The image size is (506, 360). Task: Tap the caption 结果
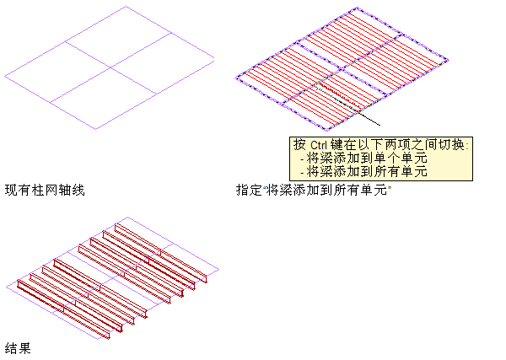[x=18, y=347]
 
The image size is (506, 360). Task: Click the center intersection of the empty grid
[x=110, y=67]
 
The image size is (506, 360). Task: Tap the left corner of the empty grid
[x=6, y=76]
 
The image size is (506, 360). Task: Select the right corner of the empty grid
[x=214, y=60]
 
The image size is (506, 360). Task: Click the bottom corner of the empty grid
[x=96, y=129]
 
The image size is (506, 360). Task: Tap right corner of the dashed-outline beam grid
[x=445, y=60]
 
